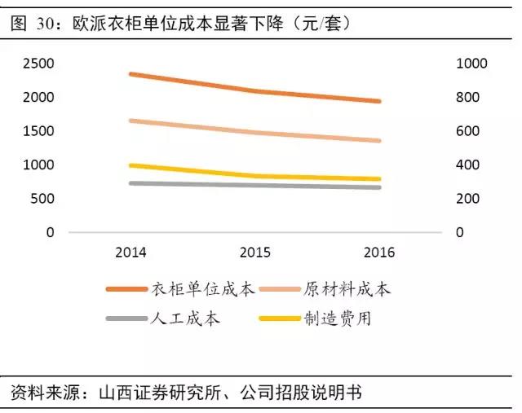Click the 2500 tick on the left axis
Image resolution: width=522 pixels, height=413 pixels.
(x=38, y=64)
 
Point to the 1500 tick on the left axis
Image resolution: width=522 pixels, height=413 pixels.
(x=38, y=131)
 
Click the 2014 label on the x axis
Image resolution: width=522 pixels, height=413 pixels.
(x=130, y=253)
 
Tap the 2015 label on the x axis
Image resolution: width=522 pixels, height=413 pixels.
(x=254, y=253)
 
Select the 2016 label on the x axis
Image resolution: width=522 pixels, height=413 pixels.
(x=379, y=253)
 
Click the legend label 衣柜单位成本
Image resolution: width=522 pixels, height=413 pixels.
(x=202, y=289)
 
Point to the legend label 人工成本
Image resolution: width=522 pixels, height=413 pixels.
(x=186, y=319)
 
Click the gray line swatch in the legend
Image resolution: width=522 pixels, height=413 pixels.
(x=126, y=319)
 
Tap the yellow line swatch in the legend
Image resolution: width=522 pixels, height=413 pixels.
(x=279, y=319)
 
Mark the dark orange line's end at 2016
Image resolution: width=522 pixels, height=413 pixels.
(x=379, y=101)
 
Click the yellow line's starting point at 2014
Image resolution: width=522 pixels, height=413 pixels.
(x=130, y=165)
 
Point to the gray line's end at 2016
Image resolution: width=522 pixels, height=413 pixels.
(x=379, y=187)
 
